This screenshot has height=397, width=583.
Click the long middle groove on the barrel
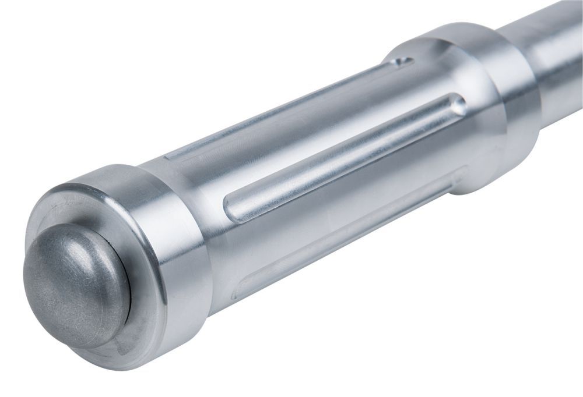click(x=344, y=157)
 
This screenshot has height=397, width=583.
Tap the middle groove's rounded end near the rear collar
click(x=458, y=105)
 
